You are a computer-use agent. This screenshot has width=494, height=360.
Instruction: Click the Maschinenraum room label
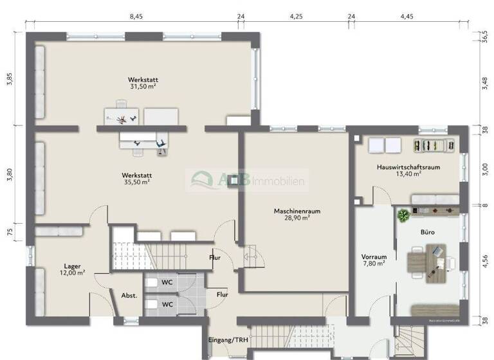tap(297, 211)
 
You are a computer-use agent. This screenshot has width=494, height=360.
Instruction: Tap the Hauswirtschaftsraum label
tap(408, 167)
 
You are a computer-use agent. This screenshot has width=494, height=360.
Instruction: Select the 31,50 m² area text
tap(143, 86)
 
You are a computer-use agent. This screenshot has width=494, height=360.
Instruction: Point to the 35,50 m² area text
tap(136, 182)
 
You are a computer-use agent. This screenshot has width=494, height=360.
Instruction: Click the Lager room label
tap(72, 265)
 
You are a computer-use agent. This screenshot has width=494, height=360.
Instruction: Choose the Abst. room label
tap(129, 296)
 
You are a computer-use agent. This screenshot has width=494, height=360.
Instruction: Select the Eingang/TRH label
tap(228, 340)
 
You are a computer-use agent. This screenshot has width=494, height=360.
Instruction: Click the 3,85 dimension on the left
tap(10, 80)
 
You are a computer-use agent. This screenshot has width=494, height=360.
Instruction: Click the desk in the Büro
tap(428, 262)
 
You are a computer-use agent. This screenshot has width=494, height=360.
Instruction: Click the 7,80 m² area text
tap(373, 263)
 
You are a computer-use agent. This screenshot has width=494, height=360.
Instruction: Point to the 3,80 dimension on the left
tap(10, 175)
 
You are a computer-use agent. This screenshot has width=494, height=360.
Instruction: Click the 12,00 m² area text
tap(72, 273)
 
